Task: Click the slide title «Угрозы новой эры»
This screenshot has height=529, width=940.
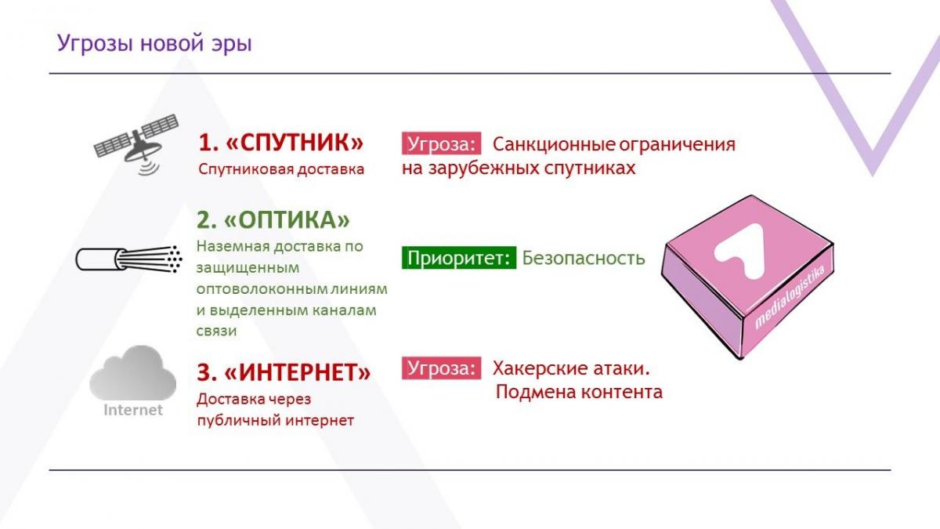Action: pyautogui.click(x=154, y=44)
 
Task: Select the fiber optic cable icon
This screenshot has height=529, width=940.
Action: pyautogui.click(x=128, y=259)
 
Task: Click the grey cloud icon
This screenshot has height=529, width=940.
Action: pyautogui.click(x=132, y=373)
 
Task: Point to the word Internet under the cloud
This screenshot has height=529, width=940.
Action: pyautogui.click(x=133, y=410)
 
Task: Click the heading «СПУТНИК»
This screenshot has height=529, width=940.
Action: pyautogui.click(x=280, y=142)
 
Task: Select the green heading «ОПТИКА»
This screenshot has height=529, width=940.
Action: pyautogui.click(x=273, y=219)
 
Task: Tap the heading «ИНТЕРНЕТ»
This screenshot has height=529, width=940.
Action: pyautogui.click(x=284, y=372)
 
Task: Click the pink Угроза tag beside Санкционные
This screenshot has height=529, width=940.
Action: pyautogui.click(x=442, y=144)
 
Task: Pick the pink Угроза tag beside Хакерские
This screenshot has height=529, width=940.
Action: pyautogui.click(x=442, y=368)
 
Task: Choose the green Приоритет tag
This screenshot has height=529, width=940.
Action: pyautogui.click(x=459, y=257)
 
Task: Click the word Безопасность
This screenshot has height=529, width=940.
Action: pyautogui.click(x=584, y=258)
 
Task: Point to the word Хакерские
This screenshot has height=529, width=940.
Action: pyautogui.click(x=540, y=368)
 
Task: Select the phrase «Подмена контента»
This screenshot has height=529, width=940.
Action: pyautogui.click(x=579, y=392)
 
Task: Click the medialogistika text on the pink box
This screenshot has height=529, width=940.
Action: pyautogui.click(x=790, y=297)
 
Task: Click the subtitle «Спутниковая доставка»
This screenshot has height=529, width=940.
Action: pyautogui.click(x=281, y=169)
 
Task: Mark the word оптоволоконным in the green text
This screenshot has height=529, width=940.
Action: pyautogui.click(x=262, y=289)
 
